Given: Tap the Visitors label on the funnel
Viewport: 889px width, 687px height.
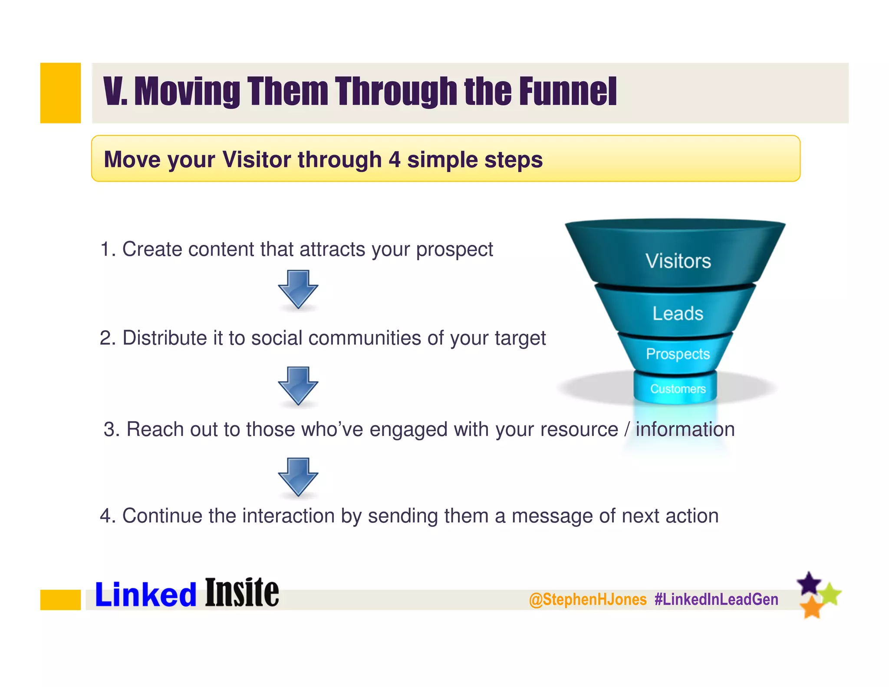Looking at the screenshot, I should pos(678,261).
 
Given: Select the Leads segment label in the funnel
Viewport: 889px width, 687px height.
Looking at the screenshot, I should pos(678,314).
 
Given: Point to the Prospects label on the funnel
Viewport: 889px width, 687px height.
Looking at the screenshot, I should pos(678,354).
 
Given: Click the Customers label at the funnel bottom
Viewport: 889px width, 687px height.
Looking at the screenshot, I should pos(678,389).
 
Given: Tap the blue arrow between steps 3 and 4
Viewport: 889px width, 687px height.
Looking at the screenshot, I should pos(298,476).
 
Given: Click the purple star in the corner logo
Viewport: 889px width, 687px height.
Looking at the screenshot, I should pos(809,584).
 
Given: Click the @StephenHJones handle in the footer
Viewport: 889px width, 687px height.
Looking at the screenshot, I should pos(588,600).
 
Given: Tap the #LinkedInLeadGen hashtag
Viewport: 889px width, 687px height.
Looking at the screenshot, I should pos(716,600).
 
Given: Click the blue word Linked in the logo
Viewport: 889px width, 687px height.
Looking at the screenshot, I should pos(146,595).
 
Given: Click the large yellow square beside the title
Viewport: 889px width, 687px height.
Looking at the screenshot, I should pos(60,93).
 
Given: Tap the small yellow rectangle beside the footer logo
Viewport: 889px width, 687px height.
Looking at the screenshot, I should pos(60,600).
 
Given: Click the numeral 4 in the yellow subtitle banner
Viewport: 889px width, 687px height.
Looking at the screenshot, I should pos(394,159).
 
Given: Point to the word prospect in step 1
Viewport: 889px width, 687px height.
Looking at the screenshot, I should pos(454,250).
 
